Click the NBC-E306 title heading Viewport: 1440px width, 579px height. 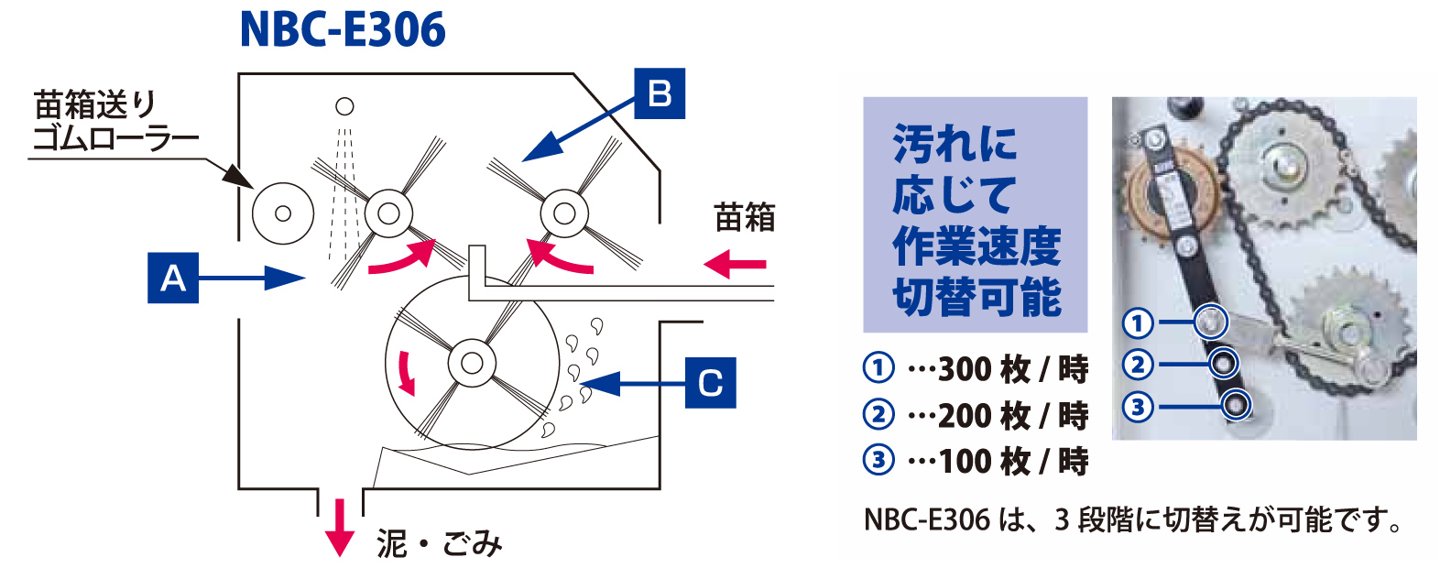coord(343,29)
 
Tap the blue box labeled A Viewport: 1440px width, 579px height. coord(173,277)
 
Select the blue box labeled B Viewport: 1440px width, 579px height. coord(660,93)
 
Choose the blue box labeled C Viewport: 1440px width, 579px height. coord(710,382)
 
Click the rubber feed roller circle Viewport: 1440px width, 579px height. coord(283,213)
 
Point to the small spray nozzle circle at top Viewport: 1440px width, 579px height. coord(344,106)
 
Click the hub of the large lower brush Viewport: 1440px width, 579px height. coord(472,363)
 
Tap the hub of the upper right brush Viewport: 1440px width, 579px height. coord(564,214)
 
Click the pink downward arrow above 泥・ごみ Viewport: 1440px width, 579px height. coord(340,527)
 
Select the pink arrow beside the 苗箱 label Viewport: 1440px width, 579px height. coord(735,265)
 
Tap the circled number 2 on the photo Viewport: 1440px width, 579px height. coord(1138,365)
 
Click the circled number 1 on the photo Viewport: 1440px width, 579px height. coord(1138,322)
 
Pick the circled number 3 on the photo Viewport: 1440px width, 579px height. coord(1138,406)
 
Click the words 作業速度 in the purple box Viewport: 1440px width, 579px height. coord(976,246)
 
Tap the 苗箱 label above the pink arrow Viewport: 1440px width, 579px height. coord(744,218)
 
